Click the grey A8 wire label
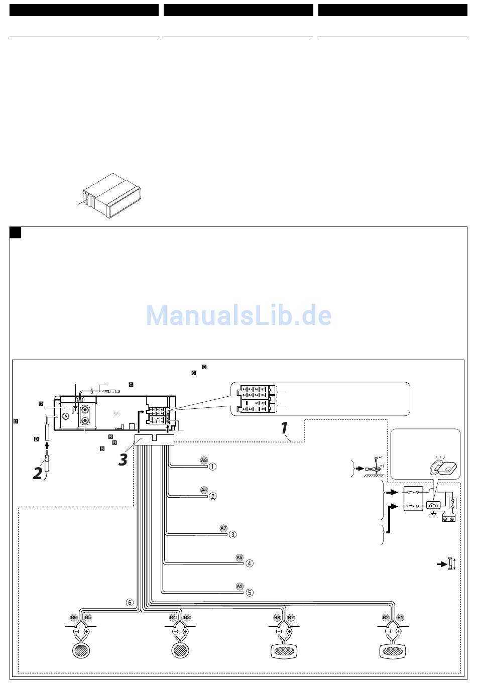(x=204, y=460)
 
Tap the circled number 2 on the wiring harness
(x=213, y=496)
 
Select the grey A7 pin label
(x=223, y=528)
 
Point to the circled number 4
(x=250, y=563)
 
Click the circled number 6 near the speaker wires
(x=130, y=602)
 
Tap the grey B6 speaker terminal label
(x=74, y=617)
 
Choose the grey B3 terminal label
(x=187, y=617)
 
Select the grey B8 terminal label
(x=277, y=617)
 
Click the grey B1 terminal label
(x=400, y=617)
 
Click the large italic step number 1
(x=284, y=428)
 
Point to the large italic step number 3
(x=123, y=460)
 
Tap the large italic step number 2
(x=37, y=473)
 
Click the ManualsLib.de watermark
(x=238, y=315)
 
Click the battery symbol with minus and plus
(x=448, y=518)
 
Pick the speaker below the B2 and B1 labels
(x=393, y=651)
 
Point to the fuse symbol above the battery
(x=452, y=503)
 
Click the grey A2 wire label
(x=240, y=586)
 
